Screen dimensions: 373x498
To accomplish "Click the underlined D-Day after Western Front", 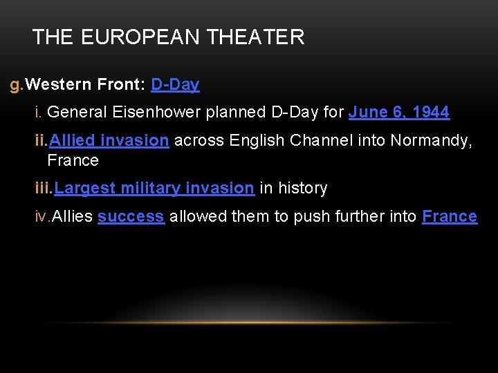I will coord(175,85).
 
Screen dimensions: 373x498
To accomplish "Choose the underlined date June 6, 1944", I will coord(399,112).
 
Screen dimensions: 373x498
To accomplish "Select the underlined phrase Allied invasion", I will coord(109,141).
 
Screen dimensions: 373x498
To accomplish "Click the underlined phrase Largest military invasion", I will coord(154,188).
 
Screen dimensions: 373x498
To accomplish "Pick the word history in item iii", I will coord(302,188).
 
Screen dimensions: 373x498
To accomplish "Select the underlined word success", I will coord(131,216).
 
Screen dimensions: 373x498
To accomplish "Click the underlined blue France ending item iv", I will coord(450,216).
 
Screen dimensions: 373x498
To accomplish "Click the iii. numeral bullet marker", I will coord(43,188).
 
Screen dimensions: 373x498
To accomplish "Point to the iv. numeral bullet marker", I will coord(42,216).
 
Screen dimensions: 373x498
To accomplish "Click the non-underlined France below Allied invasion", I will coord(73,160).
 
